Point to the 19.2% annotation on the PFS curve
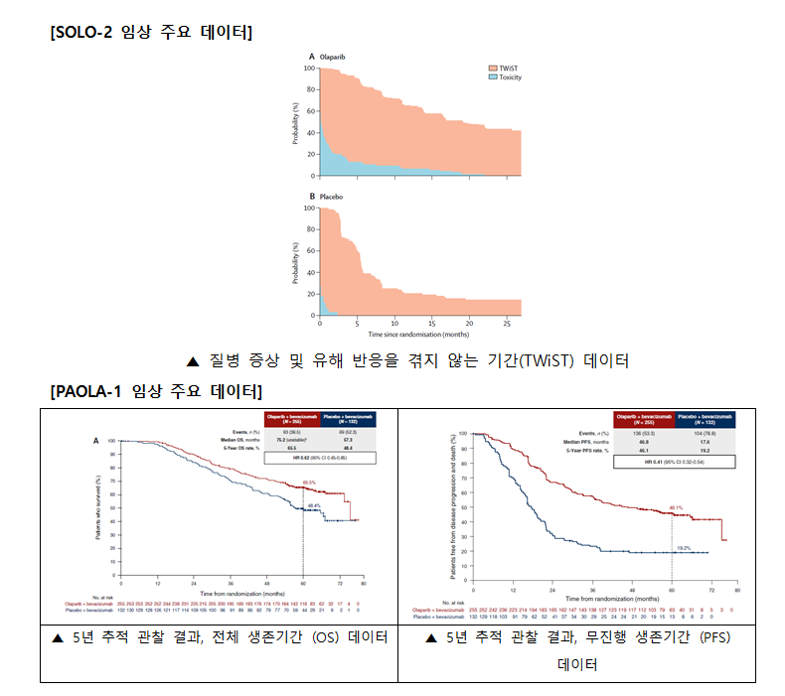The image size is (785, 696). pos(684,546)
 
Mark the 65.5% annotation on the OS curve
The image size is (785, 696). pos(309,483)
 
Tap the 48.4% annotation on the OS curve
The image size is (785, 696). pos(313,504)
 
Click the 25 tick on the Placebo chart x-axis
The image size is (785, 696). pos(507,324)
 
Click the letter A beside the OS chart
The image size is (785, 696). pos(95,441)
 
